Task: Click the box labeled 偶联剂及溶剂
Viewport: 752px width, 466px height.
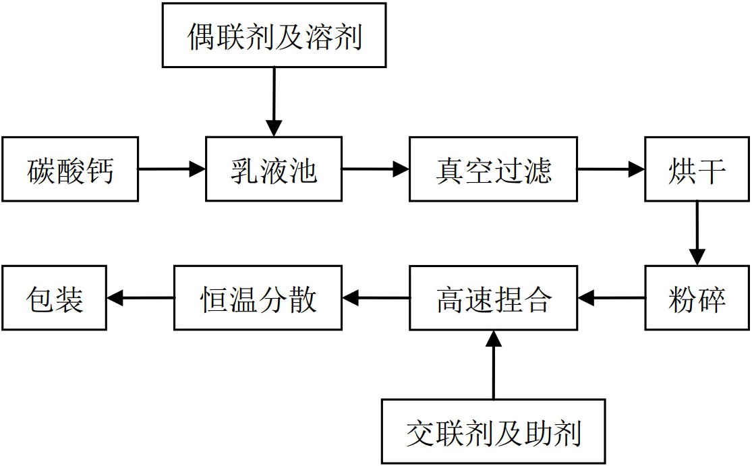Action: tap(274, 35)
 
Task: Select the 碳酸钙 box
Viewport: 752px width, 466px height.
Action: tap(70, 169)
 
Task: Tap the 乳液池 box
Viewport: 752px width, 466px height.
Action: tap(273, 169)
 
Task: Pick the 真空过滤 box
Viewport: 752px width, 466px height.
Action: tap(493, 169)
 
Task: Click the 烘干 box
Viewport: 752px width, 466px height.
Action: tap(697, 169)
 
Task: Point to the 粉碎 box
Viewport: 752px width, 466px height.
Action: tap(697, 297)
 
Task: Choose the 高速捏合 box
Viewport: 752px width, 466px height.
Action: tap(493, 297)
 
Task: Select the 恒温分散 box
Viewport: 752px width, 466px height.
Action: tap(258, 297)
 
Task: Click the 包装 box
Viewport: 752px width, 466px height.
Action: tap(54, 297)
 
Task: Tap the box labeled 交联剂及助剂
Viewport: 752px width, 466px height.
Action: tap(493, 431)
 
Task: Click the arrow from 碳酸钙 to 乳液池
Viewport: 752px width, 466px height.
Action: tap(172, 169)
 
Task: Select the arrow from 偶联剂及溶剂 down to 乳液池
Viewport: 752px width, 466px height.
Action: tap(274, 102)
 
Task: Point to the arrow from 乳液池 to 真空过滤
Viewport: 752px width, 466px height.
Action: tap(375, 169)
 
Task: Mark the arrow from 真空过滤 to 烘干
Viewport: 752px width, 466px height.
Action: tap(611, 169)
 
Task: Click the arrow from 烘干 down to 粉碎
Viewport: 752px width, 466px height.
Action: tap(697, 233)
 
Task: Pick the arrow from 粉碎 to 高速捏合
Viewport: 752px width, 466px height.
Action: tap(611, 297)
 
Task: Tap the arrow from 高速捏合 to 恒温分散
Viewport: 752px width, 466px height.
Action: tap(376, 297)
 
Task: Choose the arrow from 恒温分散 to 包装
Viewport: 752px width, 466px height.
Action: tap(140, 297)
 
